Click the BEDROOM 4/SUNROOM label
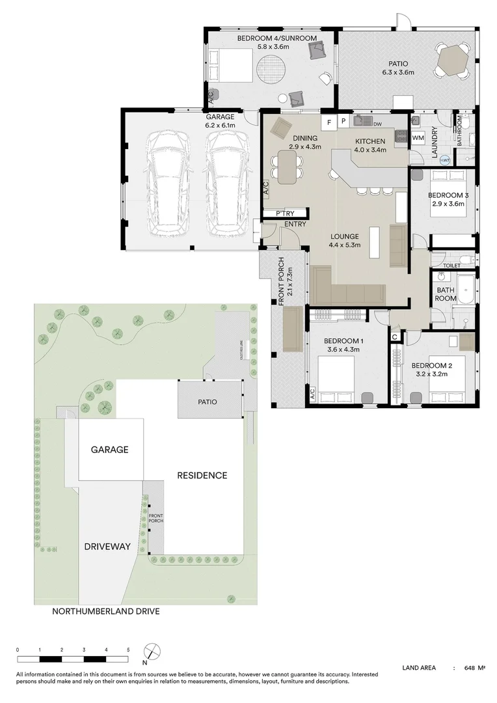pos(276,39)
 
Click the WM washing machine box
pos(418,138)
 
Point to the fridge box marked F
pos(329,122)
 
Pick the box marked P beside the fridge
pos(343,122)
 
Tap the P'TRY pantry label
pos(285,214)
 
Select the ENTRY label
pos(295,225)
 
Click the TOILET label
pos(451,266)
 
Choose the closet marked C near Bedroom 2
pos(396,336)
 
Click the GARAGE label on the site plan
pos(109,450)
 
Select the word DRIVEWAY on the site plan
pos(109,547)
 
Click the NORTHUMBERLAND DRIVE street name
pos(106,612)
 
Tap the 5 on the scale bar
pos(128,650)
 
